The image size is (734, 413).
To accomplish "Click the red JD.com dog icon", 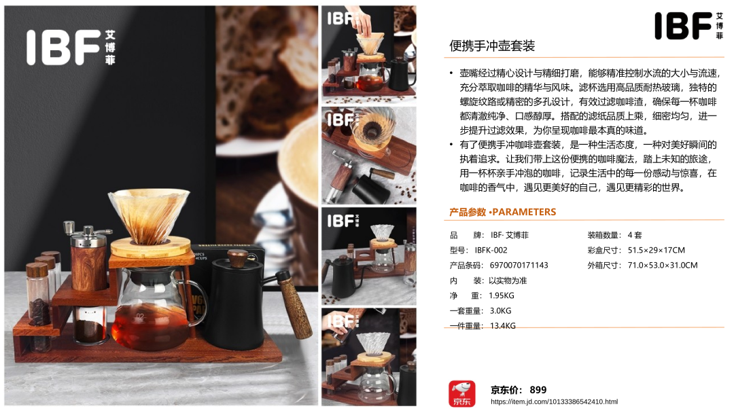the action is click(x=462, y=393).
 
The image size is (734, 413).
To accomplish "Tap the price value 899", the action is click(x=538, y=390).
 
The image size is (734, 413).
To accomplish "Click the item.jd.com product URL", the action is click(x=555, y=401).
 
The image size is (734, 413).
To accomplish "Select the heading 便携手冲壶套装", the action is click(x=492, y=46).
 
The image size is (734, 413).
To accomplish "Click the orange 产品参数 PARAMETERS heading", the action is click(x=503, y=212).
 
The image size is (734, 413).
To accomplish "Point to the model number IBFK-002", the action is click(x=491, y=250).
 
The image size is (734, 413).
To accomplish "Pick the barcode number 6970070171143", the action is click(x=519, y=265).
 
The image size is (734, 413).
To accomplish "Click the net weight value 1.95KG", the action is click(x=502, y=295).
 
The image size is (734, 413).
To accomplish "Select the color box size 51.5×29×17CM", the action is click(x=657, y=250).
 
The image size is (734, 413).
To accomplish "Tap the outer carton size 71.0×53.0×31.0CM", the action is click(x=663, y=265).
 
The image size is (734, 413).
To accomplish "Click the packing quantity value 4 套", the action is click(x=635, y=235).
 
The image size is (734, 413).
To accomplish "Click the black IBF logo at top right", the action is click(x=688, y=26).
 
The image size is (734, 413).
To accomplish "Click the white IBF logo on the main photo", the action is click(x=71, y=48).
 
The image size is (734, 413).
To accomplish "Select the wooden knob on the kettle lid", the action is click(x=238, y=257).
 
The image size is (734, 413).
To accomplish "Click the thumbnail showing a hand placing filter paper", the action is click(x=369, y=55).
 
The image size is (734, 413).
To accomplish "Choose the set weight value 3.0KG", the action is click(x=500, y=310).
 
